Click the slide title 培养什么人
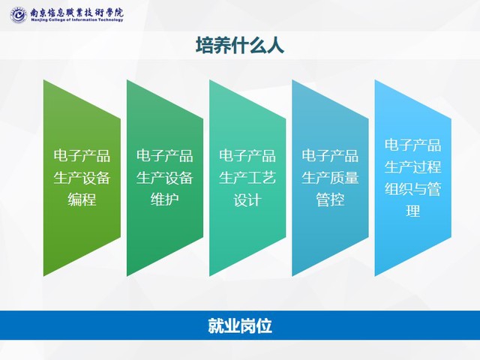click(240, 46)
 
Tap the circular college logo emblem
click(18, 15)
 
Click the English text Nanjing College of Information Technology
click(76, 20)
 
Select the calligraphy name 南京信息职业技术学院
click(76, 13)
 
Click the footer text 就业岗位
click(240, 325)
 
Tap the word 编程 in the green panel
click(82, 200)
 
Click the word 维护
click(165, 200)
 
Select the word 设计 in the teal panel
click(247, 200)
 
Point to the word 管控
click(330, 200)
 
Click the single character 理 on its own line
click(413, 211)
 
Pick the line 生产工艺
click(247, 178)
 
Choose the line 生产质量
click(330, 178)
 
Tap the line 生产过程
click(413, 167)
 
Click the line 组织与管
click(413, 189)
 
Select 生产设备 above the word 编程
click(82, 178)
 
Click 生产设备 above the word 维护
click(165, 178)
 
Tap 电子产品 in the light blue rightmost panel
click(413, 145)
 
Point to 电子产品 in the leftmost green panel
click(82, 155)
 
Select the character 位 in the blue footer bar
click(264, 325)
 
